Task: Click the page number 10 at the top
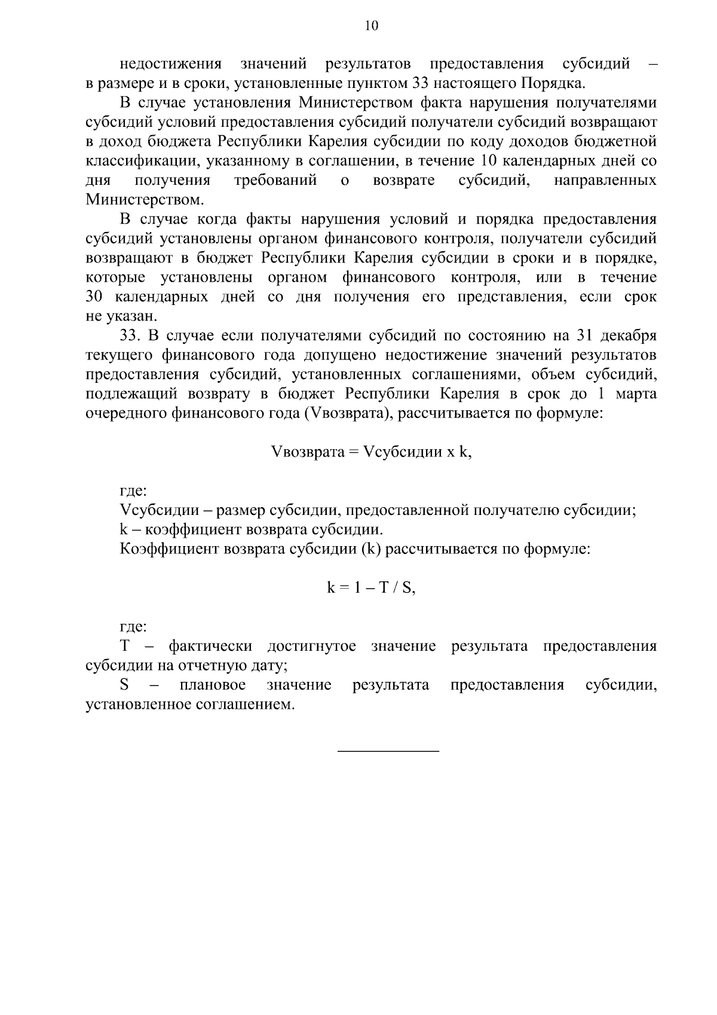[x=370, y=26]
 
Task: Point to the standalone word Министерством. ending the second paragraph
[x=145, y=199]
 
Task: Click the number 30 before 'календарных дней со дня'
[x=95, y=297]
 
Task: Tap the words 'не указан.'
[x=121, y=316]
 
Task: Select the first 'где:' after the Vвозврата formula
[x=133, y=492]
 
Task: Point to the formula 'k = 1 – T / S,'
[x=370, y=588]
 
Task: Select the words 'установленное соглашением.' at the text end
[x=190, y=705]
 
